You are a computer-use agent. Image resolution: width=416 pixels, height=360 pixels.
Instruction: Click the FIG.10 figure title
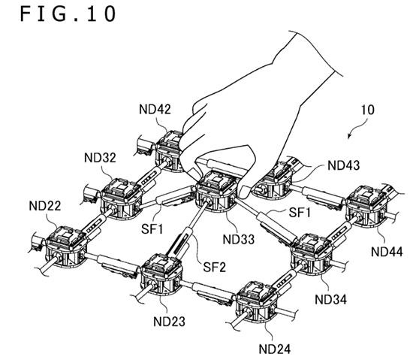coord(68,14)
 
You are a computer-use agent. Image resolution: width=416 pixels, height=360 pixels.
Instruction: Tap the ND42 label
coord(155,109)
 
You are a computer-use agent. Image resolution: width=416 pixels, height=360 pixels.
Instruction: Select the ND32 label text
coord(100,158)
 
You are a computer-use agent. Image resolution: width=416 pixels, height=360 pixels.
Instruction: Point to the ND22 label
coord(45,206)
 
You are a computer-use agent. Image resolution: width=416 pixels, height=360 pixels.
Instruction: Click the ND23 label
coord(169,322)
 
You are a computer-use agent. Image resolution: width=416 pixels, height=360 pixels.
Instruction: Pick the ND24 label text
coord(275,349)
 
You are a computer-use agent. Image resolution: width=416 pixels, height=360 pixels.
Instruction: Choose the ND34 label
coord(331,299)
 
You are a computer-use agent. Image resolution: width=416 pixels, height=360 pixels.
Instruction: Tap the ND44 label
coord(387,252)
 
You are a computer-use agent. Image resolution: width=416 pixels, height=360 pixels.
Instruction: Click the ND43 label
coord(344,165)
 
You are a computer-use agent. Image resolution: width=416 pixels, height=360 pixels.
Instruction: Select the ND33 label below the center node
coord(239,239)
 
